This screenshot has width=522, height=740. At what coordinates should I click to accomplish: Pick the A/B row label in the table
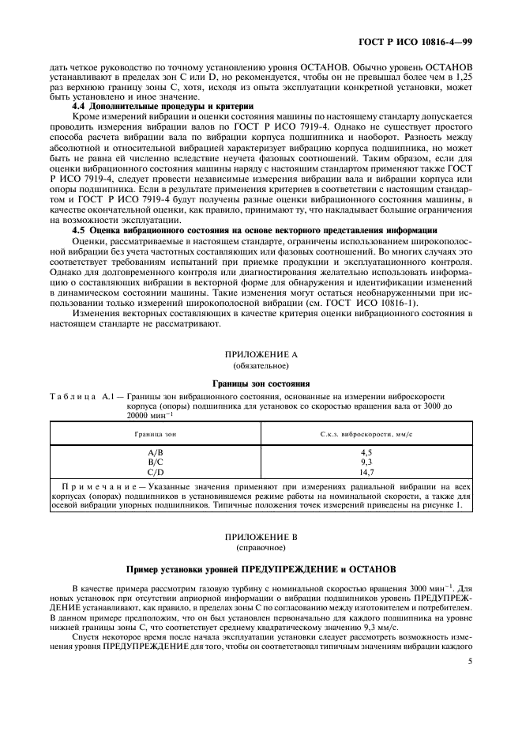tap(145, 452)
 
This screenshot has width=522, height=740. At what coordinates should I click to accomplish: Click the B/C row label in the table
tap(145, 461)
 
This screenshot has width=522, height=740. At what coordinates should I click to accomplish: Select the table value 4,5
tap(366, 452)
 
